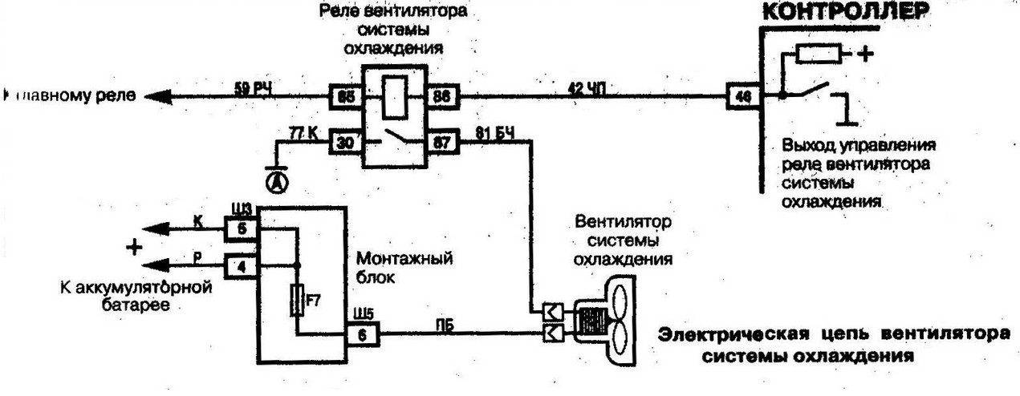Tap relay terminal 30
pyautogui.click(x=345, y=142)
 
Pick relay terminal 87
pyautogui.click(x=442, y=143)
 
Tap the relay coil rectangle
pyautogui.click(x=394, y=96)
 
